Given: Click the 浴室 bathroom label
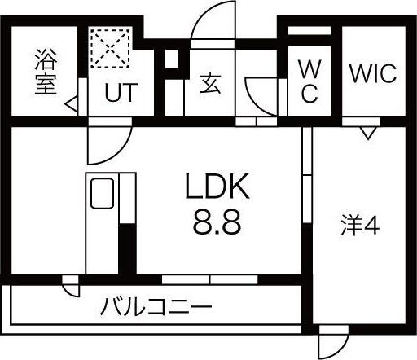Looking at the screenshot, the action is click(x=46, y=72).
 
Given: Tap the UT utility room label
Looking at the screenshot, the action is click(x=121, y=92).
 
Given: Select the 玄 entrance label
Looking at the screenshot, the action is click(x=210, y=84).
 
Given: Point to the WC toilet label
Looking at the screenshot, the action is click(x=309, y=81).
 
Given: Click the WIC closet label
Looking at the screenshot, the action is click(x=373, y=73).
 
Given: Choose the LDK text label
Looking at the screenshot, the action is click(x=217, y=187).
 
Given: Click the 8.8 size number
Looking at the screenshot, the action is click(x=217, y=222).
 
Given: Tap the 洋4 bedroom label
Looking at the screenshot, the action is click(x=360, y=225).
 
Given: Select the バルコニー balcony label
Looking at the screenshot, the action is click(x=156, y=307).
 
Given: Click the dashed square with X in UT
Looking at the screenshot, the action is click(x=110, y=48).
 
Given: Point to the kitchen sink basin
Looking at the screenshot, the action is click(x=102, y=193).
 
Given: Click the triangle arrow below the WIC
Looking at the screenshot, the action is click(x=368, y=134).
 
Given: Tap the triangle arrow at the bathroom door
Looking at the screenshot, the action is click(x=72, y=104).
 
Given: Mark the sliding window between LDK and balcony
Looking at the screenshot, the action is click(x=210, y=279).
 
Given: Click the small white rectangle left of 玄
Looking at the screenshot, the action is click(x=172, y=59).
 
